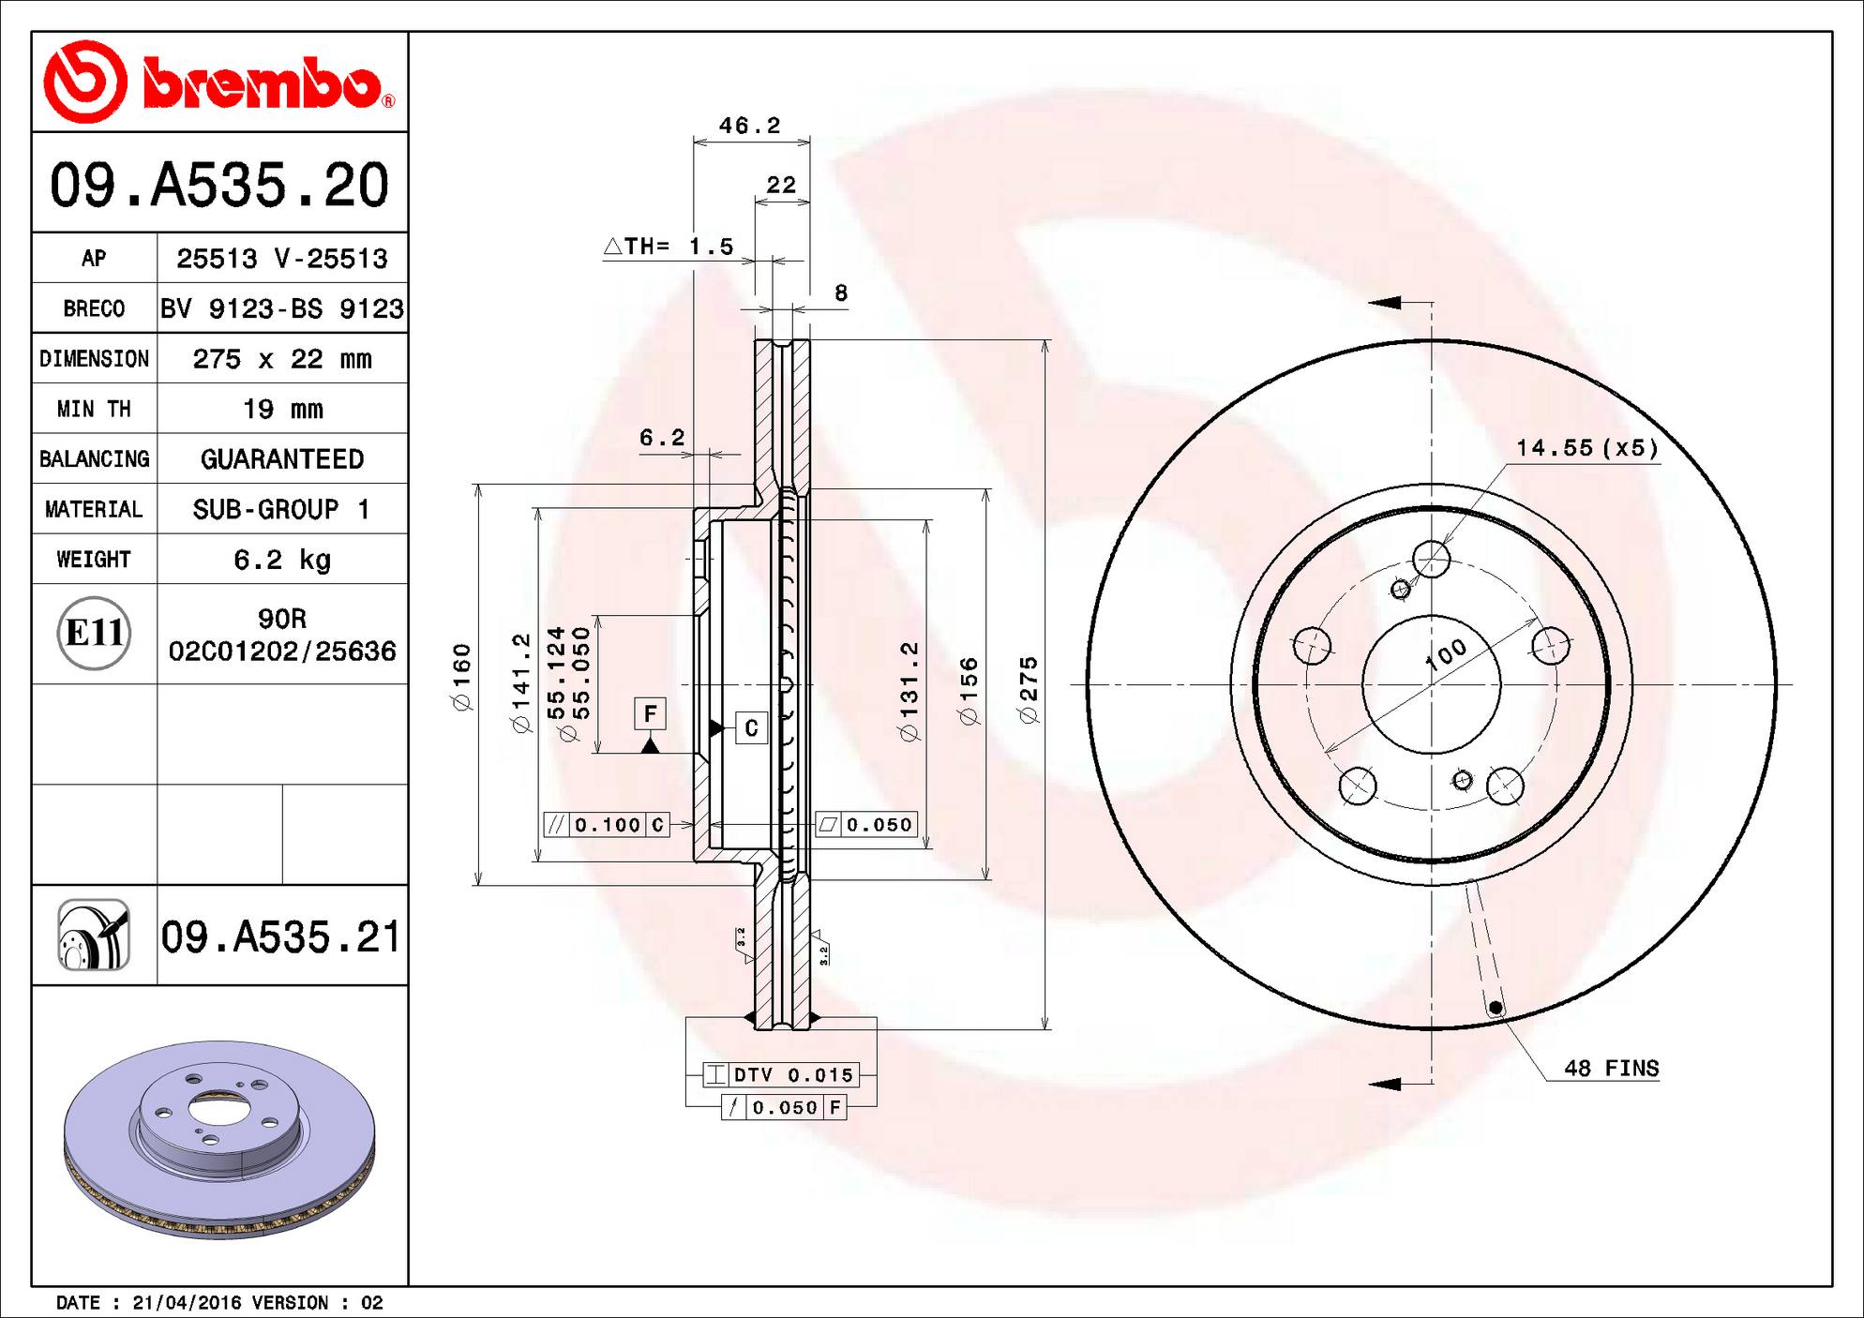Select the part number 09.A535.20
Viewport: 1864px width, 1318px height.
coord(219,185)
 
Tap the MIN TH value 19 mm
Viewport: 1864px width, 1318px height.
coord(282,409)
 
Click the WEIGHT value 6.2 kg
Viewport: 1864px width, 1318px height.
coord(282,560)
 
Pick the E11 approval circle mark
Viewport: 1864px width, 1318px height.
coord(93,634)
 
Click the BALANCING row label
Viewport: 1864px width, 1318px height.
coord(94,459)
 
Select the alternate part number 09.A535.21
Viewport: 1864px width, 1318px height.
coord(281,937)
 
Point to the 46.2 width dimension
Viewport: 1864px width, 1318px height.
coord(749,126)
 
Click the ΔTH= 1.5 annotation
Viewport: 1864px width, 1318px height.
coord(669,247)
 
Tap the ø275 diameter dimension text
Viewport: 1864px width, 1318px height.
coord(1029,690)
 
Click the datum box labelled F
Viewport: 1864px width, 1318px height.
coord(650,714)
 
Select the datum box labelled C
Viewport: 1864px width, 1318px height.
coord(751,728)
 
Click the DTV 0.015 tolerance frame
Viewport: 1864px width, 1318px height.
coord(781,1075)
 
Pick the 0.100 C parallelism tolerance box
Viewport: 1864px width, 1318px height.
coord(607,825)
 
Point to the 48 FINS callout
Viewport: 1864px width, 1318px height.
coord(1611,1069)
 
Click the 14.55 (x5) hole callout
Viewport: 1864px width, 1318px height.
coord(1586,448)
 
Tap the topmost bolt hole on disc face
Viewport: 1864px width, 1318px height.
coord(1431,560)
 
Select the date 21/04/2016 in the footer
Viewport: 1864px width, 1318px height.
coord(188,1303)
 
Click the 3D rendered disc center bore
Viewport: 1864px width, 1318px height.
coord(218,1109)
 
